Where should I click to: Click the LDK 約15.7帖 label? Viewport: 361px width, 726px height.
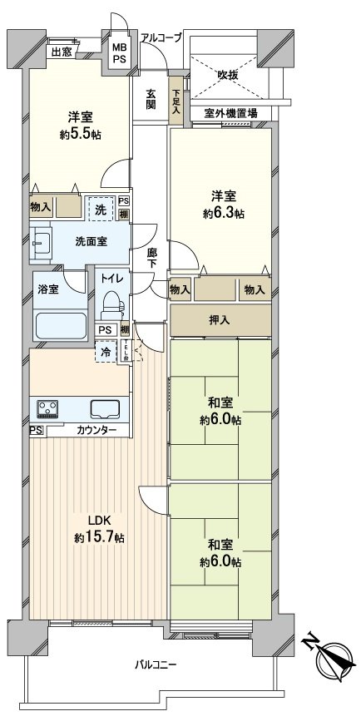[x=99, y=531]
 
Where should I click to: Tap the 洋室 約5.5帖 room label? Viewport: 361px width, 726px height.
[x=79, y=125]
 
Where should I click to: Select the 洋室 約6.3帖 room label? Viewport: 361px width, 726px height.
[x=222, y=205]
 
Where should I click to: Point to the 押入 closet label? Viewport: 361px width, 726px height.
[x=221, y=319]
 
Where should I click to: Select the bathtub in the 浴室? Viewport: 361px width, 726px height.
[x=59, y=325]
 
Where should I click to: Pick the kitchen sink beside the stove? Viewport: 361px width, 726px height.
[x=106, y=409]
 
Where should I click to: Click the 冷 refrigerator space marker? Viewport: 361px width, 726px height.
[x=106, y=353]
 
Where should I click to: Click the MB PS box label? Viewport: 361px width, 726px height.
[x=120, y=54]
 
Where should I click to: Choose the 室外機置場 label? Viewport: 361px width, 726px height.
[x=230, y=113]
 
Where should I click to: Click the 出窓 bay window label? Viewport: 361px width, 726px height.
[x=61, y=52]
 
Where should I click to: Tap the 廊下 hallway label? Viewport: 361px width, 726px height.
[x=151, y=256]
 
